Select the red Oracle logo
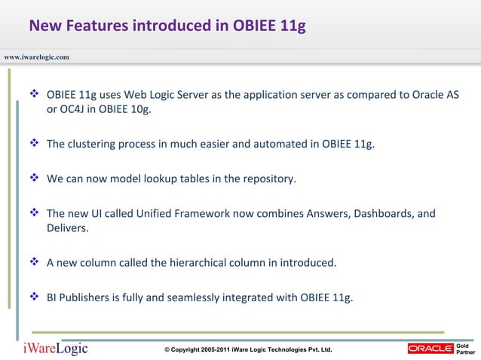coord(430,348)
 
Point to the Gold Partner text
coord(466,348)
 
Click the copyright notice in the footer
coord(248,351)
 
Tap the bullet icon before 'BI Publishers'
coord(35,297)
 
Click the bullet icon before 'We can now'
coord(35,179)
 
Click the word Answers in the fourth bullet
coord(299,213)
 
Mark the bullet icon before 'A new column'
coord(35,263)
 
